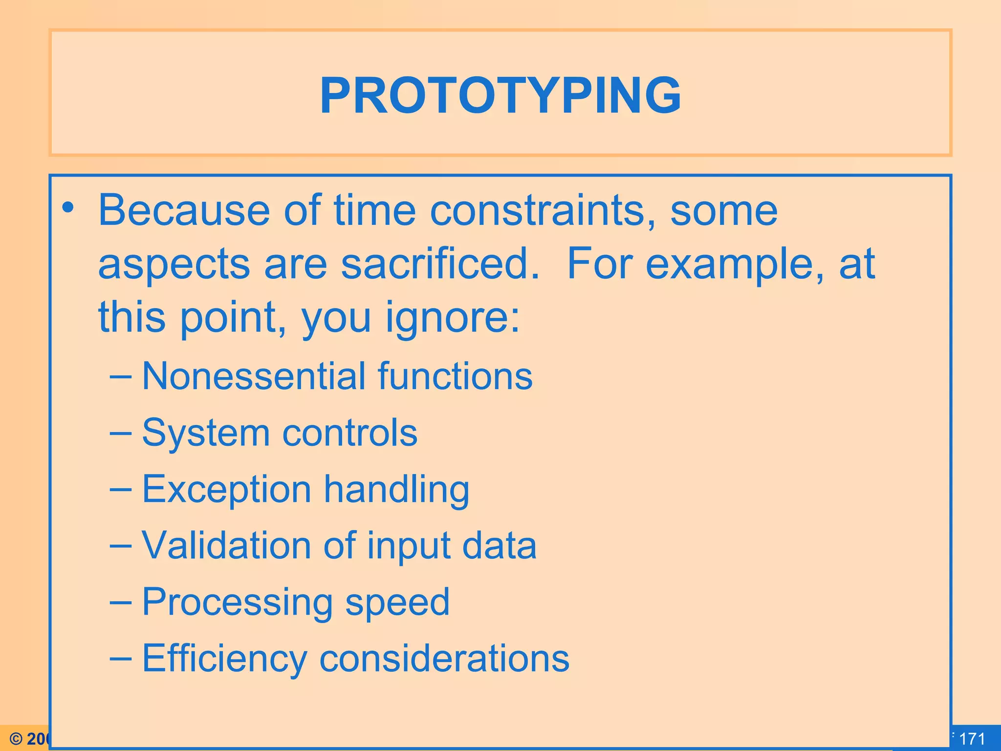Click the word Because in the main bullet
(184, 210)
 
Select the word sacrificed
(440, 264)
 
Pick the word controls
(350, 433)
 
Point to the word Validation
(226, 545)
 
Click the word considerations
(444, 658)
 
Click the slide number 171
(972, 739)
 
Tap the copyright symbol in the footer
(16, 739)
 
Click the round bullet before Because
(68, 208)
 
